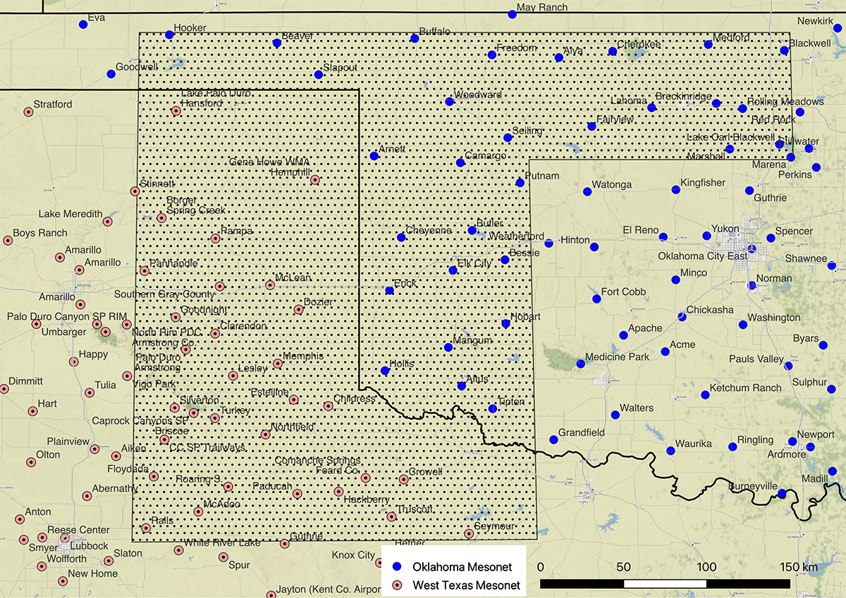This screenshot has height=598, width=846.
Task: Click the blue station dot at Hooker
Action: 169,35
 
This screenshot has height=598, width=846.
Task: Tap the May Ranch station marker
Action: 512,14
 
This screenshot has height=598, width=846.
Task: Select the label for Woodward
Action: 477,94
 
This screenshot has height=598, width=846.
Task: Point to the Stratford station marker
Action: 28,112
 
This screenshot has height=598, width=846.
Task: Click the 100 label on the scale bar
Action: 706,567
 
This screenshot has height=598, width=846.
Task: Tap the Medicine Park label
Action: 617,357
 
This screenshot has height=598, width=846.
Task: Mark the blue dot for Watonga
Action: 587,192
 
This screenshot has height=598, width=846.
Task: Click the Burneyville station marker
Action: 781,494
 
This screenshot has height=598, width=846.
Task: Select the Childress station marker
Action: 328,406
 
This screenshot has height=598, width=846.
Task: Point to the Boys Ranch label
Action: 40,233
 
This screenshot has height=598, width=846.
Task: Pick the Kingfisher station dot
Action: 675,189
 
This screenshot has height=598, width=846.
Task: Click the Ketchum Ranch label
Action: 745,388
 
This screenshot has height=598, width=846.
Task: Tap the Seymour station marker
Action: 469,533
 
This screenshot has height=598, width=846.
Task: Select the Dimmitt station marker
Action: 4,388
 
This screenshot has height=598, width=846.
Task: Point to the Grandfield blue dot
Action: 553,440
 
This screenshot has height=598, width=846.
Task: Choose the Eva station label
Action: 96,18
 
